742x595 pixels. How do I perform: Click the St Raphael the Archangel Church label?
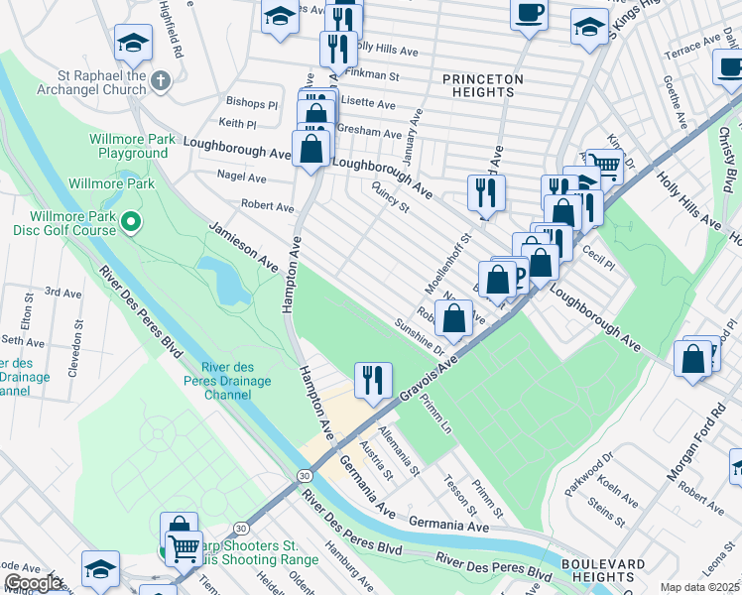point(87,81)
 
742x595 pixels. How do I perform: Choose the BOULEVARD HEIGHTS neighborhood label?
point(603,571)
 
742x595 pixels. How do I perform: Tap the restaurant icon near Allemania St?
point(373,380)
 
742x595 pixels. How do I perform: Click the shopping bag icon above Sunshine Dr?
point(454,319)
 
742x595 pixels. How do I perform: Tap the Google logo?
point(33,583)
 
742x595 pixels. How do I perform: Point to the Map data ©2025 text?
point(699,587)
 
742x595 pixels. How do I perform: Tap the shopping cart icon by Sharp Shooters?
point(183,547)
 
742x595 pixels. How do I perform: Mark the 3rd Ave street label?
point(62,294)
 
